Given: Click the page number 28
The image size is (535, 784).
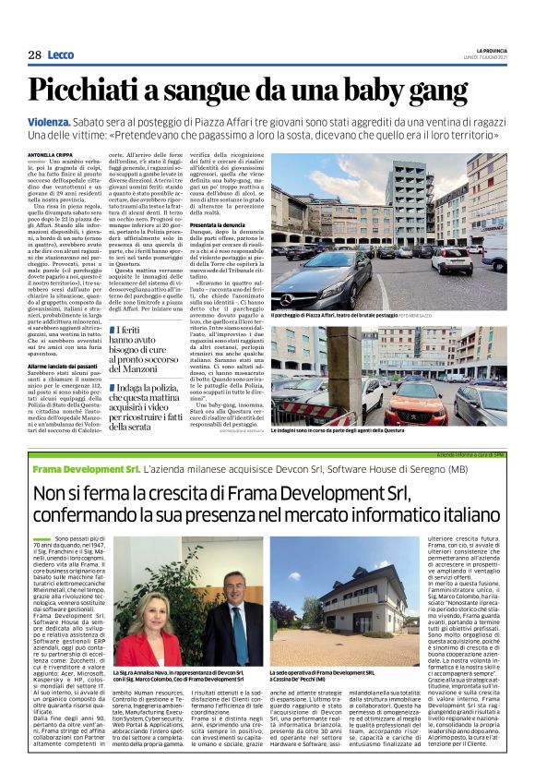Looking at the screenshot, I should (x=34, y=55).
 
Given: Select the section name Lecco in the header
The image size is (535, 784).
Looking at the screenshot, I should (x=60, y=55).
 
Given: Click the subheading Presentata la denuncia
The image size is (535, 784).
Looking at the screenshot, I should (x=242, y=226).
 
